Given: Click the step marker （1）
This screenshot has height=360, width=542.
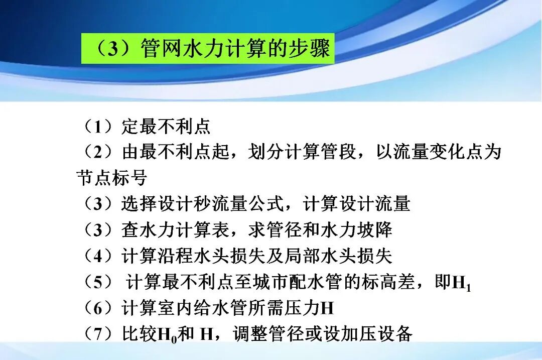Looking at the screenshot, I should click(96, 127).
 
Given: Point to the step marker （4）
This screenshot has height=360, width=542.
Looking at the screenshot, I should click(96, 256).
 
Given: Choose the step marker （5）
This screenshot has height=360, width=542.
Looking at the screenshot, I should click(96, 282).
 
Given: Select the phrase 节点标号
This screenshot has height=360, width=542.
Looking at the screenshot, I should click(111, 178).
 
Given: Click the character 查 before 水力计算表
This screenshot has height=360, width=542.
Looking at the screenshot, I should click(130, 230).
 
